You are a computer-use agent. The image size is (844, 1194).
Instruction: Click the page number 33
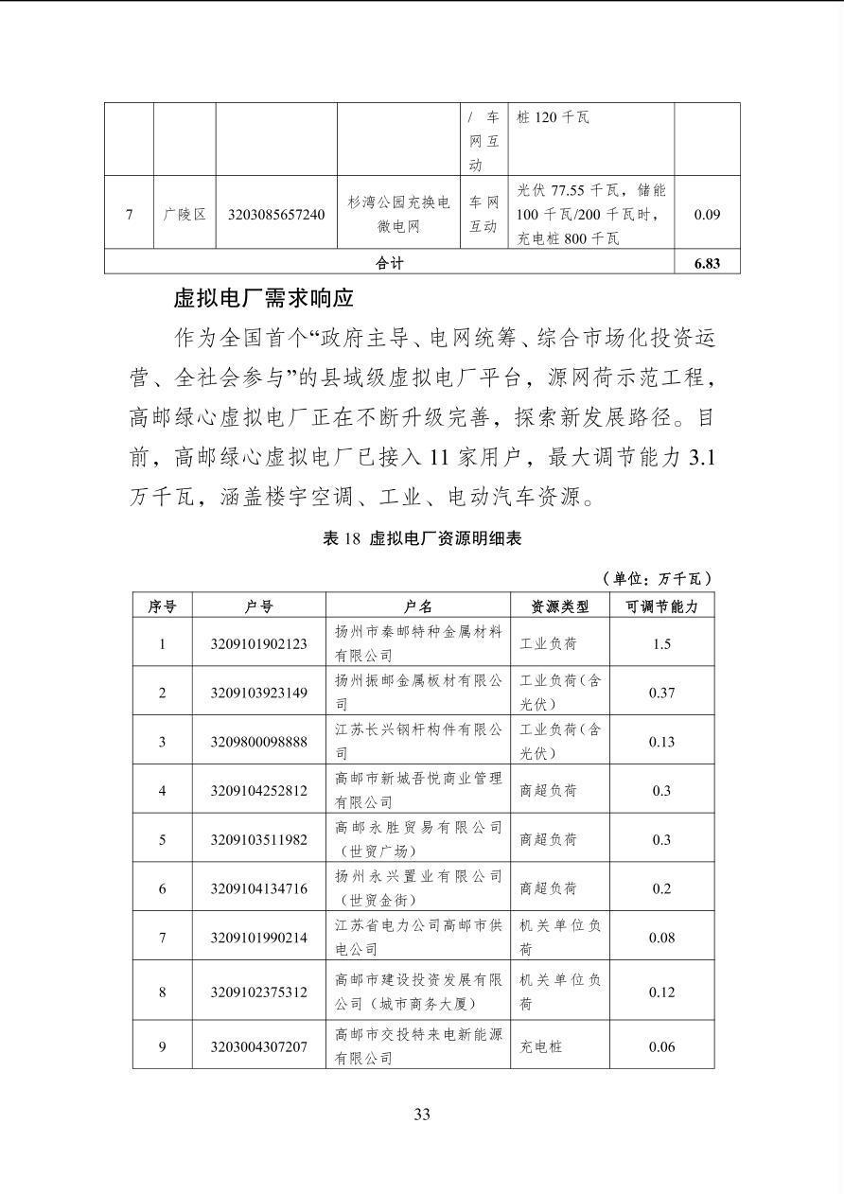(422, 1114)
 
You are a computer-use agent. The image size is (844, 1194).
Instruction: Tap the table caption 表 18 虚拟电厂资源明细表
(422, 538)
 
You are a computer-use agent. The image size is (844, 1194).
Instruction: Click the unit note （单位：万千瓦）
(656, 578)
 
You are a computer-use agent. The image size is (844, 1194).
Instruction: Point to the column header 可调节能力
(661, 606)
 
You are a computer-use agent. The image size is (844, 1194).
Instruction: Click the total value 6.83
(707, 263)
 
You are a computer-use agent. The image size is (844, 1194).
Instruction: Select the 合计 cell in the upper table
(389, 263)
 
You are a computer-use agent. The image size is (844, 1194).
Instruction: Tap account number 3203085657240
(276, 215)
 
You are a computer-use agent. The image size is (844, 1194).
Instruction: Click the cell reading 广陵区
(185, 215)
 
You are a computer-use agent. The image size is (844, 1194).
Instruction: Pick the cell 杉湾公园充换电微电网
(398, 215)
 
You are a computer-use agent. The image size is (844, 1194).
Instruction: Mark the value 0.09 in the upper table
(707, 215)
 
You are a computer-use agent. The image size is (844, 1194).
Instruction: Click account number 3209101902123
(258, 644)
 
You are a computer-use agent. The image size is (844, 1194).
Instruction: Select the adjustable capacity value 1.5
(661, 644)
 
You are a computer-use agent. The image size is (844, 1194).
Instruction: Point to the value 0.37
(661, 693)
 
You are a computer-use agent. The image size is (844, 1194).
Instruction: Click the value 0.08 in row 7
(661, 938)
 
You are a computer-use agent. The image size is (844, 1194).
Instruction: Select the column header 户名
(417, 606)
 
